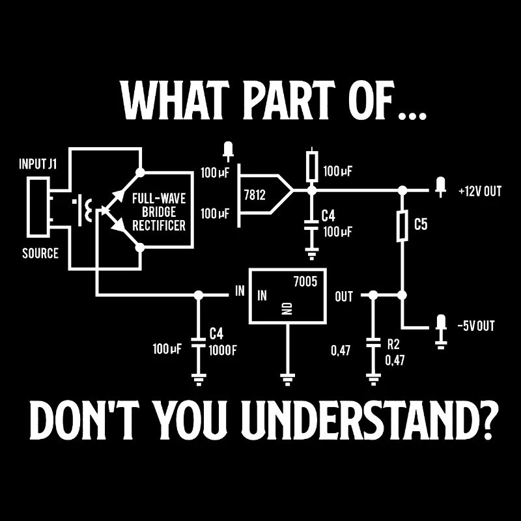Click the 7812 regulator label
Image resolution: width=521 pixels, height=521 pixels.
255,195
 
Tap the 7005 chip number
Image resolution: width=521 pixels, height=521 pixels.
305,282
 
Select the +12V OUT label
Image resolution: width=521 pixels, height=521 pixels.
480,191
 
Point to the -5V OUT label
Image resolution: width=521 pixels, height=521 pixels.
476,326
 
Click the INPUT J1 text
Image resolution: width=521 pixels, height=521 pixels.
38,164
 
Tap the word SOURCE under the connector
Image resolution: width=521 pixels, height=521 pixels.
40,253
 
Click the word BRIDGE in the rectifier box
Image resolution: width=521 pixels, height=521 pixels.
159,212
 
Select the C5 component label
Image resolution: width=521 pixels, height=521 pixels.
421,224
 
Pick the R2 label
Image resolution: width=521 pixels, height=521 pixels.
393,345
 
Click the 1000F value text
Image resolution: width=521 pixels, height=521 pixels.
223,350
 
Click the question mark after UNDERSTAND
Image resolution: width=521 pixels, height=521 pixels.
488,420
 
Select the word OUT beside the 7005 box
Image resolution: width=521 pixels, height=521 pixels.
344,296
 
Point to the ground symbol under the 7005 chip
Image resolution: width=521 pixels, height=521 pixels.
287,379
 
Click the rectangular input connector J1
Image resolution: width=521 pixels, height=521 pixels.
38,206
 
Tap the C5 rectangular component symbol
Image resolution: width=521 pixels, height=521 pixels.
402,225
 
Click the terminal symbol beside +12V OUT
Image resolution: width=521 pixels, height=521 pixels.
441,187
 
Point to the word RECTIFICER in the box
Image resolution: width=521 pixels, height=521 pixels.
159,225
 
